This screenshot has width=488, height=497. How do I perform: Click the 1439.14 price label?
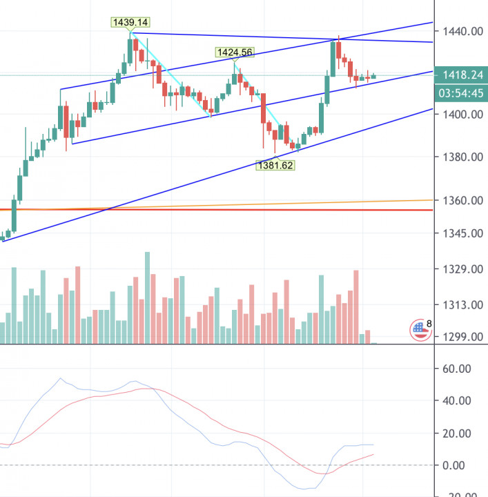130,22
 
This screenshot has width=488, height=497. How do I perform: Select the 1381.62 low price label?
275,165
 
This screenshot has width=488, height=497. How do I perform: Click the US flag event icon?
418,329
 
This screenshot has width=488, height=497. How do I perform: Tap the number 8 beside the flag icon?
429,323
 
